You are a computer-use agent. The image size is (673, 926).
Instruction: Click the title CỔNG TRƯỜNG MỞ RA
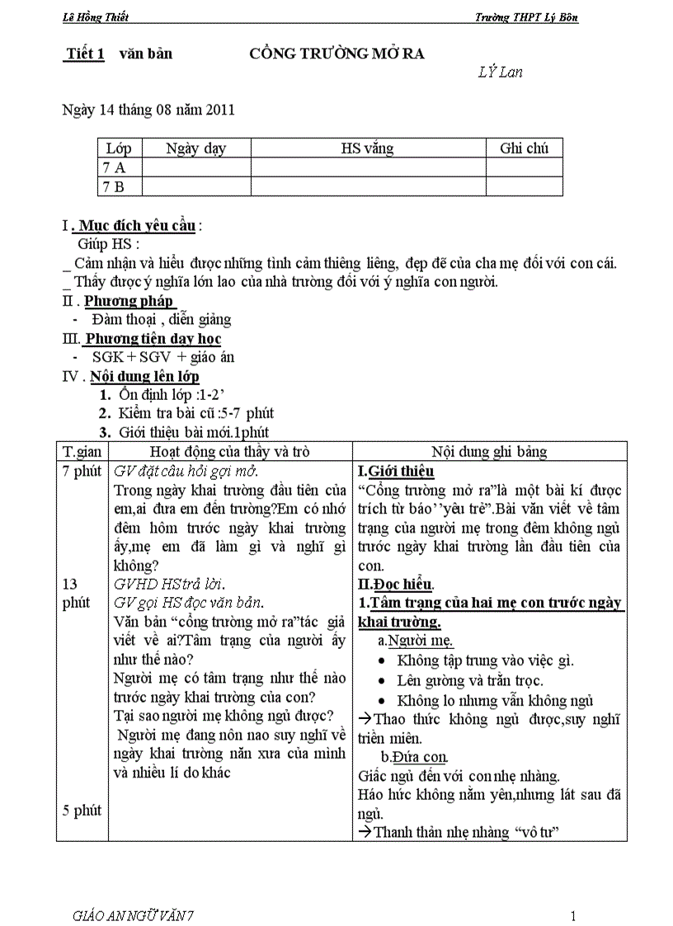click(x=336, y=54)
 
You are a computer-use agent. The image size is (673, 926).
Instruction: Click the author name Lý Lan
click(x=500, y=72)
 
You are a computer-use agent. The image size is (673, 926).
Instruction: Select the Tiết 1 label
click(x=86, y=54)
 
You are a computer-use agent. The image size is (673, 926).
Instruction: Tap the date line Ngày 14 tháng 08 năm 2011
click(x=148, y=110)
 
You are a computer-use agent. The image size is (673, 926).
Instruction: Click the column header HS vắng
click(x=367, y=148)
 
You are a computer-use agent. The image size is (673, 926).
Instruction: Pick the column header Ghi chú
click(x=524, y=148)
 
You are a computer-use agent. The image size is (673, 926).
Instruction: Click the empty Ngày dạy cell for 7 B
click(x=196, y=186)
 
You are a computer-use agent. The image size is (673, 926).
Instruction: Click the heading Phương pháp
click(x=128, y=301)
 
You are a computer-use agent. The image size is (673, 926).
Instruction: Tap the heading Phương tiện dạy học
click(x=153, y=339)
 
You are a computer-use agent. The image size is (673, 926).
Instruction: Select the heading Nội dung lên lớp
click(x=144, y=377)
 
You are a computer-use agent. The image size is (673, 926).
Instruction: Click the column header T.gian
click(x=82, y=451)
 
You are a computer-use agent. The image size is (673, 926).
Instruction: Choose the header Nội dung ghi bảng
click(x=489, y=451)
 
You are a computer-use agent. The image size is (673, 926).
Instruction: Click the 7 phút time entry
click(x=82, y=471)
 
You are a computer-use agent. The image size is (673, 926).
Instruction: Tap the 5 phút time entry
click(x=82, y=811)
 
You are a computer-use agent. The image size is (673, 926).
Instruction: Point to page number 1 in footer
click(x=572, y=915)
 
